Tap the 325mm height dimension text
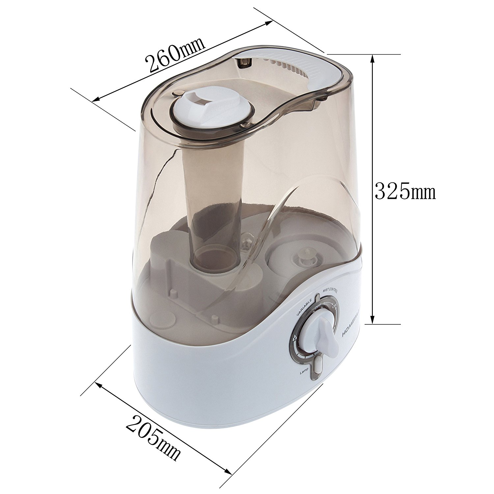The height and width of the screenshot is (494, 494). point(405,192)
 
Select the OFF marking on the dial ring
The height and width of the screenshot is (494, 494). point(318,307)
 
